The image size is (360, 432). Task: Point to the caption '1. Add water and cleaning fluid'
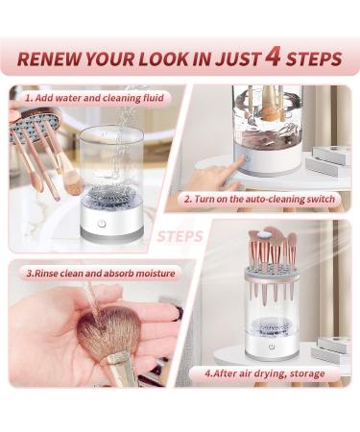[94, 98]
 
